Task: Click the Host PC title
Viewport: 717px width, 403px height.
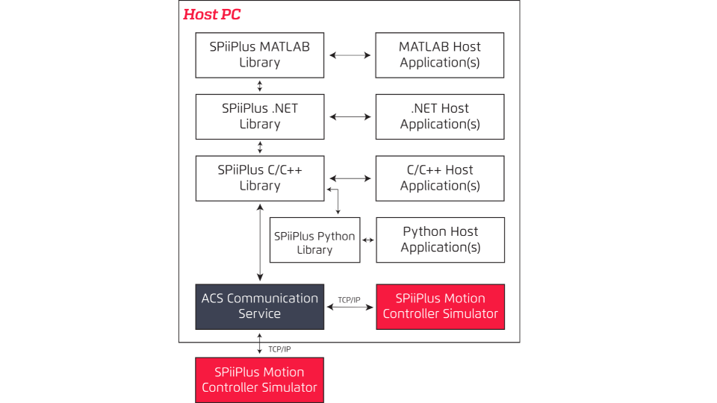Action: pyautogui.click(x=212, y=14)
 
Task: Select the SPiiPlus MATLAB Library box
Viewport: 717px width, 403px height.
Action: pyautogui.click(x=260, y=54)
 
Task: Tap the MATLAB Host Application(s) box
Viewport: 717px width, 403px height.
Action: pyautogui.click(x=440, y=54)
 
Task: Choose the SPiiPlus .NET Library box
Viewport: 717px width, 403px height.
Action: pyautogui.click(x=260, y=116)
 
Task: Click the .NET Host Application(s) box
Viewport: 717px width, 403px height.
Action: pyautogui.click(x=440, y=116)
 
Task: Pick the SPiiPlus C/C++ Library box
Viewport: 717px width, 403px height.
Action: pyautogui.click(x=260, y=178)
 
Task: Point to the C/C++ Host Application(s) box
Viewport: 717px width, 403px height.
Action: pyautogui.click(x=440, y=178)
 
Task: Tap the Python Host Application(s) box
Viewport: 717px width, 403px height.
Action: pyautogui.click(x=440, y=240)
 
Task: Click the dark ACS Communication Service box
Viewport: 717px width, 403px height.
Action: pyautogui.click(x=260, y=306)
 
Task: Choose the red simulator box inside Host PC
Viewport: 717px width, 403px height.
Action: pyautogui.click(x=440, y=306)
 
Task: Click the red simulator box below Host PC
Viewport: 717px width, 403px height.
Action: pyautogui.click(x=260, y=380)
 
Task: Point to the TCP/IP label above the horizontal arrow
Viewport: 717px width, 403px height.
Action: pyautogui.click(x=349, y=300)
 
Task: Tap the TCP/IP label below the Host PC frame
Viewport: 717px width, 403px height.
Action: pyautogui.click(x=279, y=349)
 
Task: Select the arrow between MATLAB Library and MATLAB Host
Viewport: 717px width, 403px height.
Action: pyautogui.click(x=350, y=55)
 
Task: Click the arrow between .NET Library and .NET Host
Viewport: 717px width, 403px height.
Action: pyautogui.click(x=350, y=116)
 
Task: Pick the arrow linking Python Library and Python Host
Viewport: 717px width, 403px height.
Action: pyautogui.click(x=368, y=240)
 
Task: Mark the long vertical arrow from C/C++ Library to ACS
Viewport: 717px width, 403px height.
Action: pyautogui.click(x=260, y=242)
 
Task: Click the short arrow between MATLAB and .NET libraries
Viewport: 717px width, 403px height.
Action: pyautogui.click(x=260, y=85)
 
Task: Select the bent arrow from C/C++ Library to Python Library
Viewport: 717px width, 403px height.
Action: pyautogui.click(x=338, y=200)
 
